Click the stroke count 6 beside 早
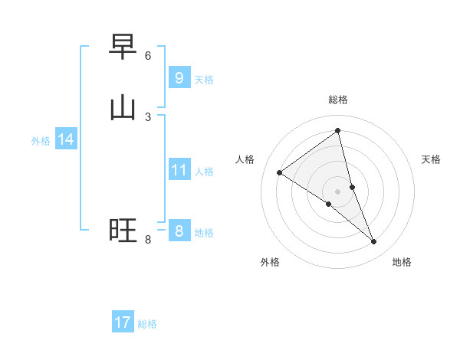tap(148, 56)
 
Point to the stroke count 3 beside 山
tap(148, 116)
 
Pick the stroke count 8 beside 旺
tap(148, 240)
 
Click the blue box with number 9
tap(179, 77)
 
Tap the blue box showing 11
tap(179, 170)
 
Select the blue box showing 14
tap(66, 139)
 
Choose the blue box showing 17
tap(123, 322)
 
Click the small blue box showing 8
tap(179, 231)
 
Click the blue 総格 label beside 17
tap(147, 324)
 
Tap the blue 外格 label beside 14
tap(41, 141)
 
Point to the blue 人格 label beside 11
tap(204, 172)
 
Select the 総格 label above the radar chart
tap(338, 100)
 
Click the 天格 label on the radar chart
tap(432, 159)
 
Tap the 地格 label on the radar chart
tap(402, 262)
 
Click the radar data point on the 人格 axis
tap(279, 172)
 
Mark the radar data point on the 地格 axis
tap(374, 242)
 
